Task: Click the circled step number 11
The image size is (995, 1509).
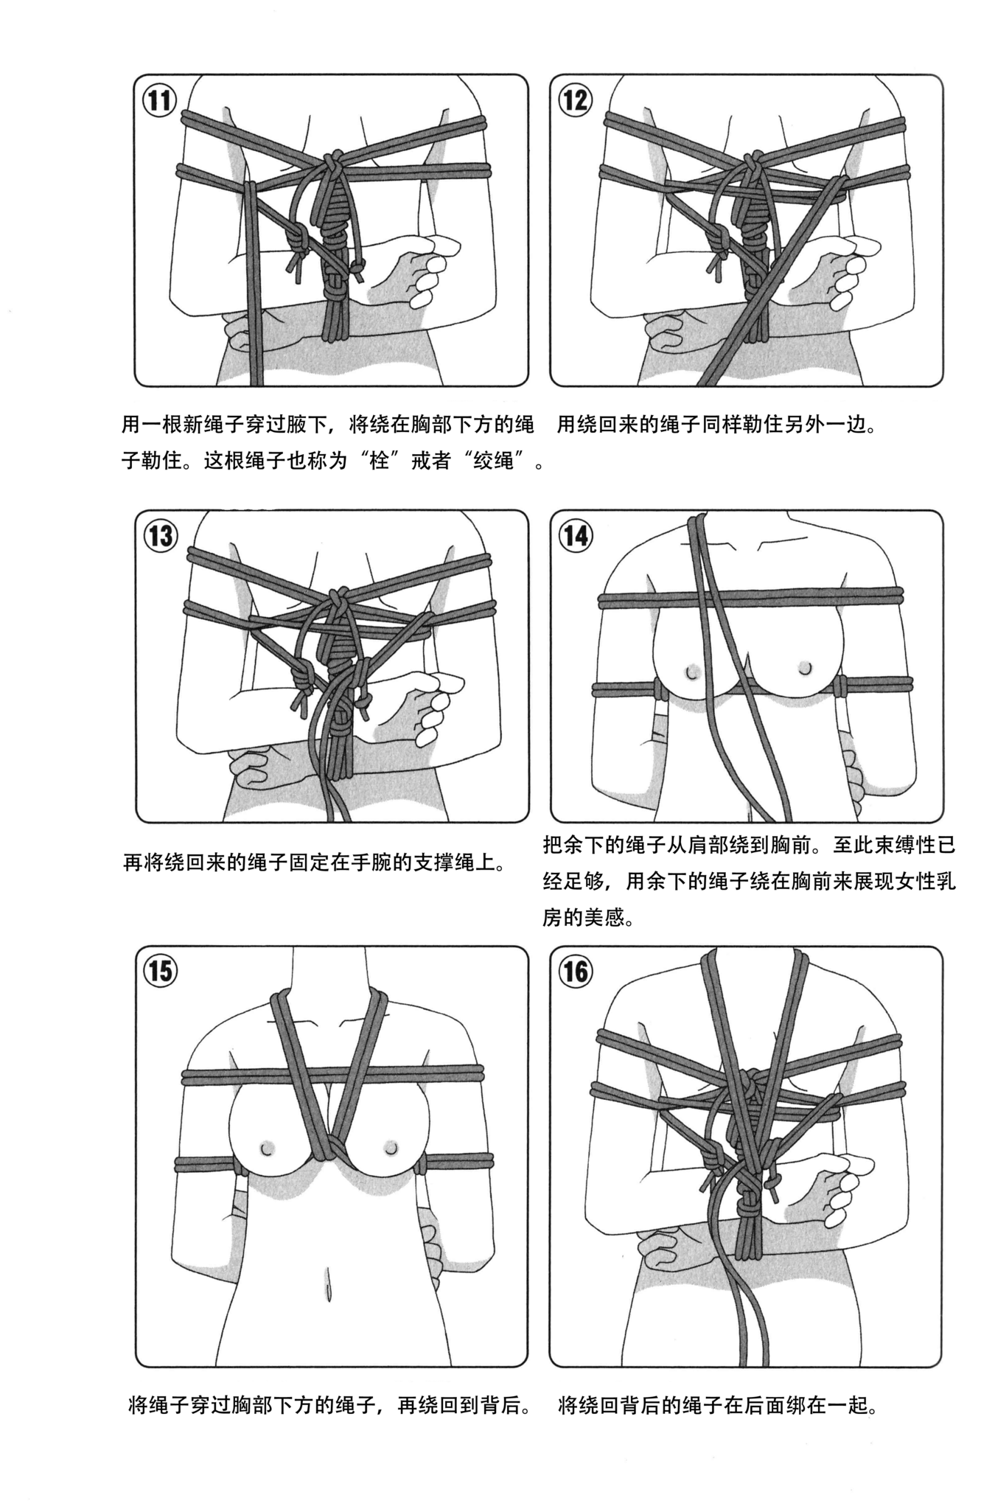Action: [x=159, y=100]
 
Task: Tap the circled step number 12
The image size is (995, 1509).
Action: [x=575, y=100]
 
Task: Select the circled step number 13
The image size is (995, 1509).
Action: [x=161, y=536]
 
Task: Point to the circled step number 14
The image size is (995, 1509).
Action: [x=575, y=536]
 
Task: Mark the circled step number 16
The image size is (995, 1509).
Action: [x=575, y=972]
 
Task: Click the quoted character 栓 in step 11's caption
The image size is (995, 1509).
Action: [x=379, y=463]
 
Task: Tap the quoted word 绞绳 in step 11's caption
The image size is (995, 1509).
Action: [x=493, y=463]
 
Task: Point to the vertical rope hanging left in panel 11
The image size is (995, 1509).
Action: [x=254, y=310]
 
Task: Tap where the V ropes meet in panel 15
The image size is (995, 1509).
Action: [x=329, y=1164]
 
